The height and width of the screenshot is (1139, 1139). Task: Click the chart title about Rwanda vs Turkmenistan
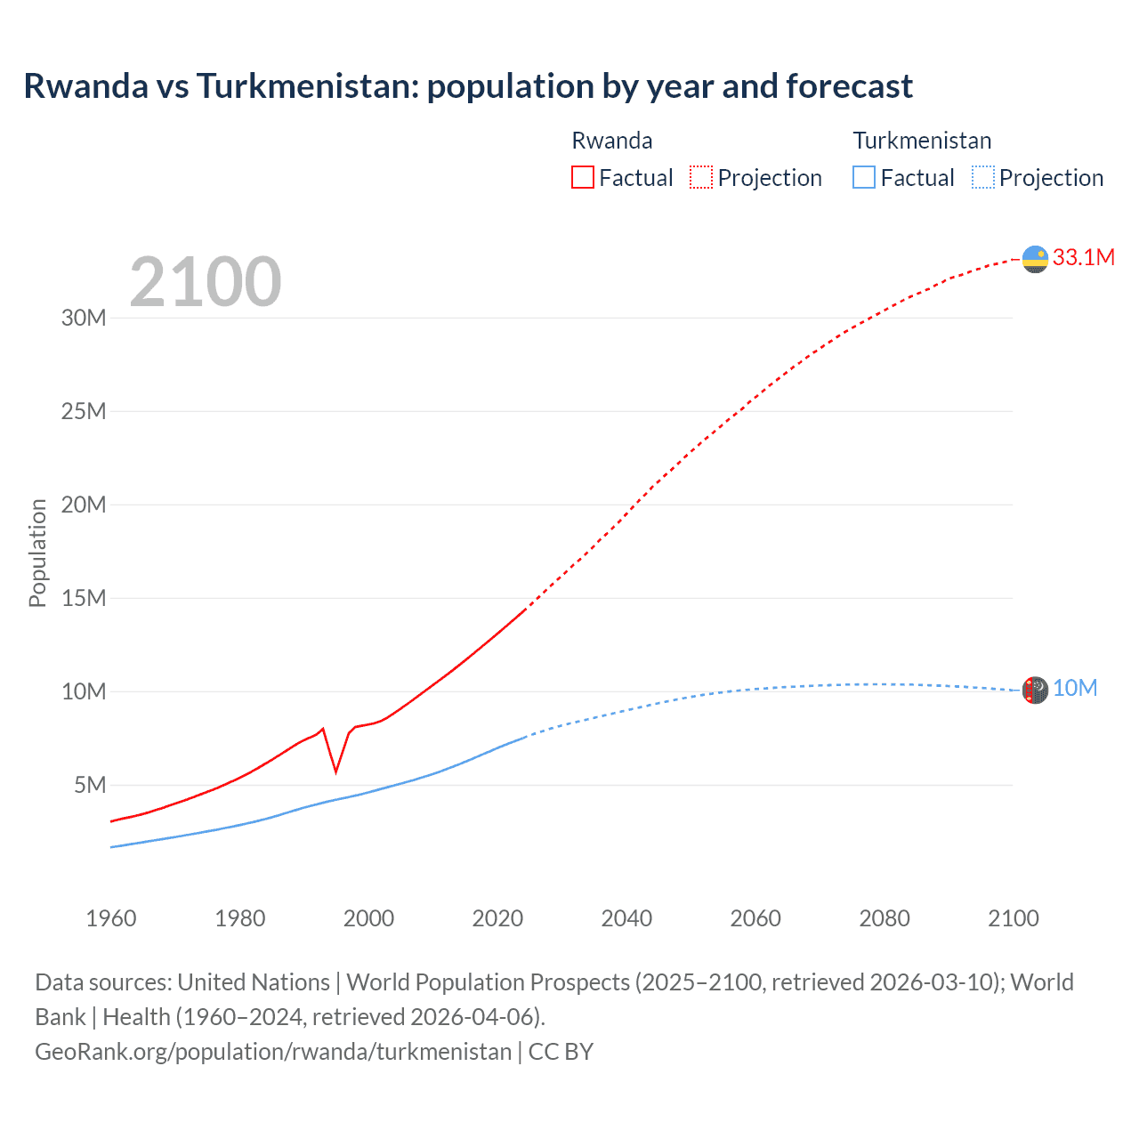[468, 86]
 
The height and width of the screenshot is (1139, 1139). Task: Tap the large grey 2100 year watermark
[206, 282]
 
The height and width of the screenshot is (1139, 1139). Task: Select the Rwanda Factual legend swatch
[582, 177]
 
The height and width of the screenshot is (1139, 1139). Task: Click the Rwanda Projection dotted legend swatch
[701, 177]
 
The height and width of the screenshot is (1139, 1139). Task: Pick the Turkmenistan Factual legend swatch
[863, 177]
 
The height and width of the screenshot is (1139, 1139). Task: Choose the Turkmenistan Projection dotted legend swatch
[982, 177]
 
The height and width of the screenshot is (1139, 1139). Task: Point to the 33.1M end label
[1083, 257]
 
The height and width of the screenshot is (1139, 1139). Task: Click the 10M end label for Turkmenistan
[1075, 689]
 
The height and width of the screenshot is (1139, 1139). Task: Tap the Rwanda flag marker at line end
[1035, 259]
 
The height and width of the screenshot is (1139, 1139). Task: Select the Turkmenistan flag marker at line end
[1035, 690]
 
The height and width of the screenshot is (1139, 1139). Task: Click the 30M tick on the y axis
[84, 318]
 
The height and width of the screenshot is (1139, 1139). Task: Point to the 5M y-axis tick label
[90, 785]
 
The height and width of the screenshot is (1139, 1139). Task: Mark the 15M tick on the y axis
[84, 598]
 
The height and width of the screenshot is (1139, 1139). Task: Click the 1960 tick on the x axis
[111, 918]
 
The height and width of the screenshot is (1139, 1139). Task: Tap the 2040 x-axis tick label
[626, 918]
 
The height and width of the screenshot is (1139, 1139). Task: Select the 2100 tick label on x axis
[1013, 918]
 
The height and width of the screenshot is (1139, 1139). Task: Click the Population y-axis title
[37, 553]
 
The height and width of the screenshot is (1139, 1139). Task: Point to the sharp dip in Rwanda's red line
[335, 770]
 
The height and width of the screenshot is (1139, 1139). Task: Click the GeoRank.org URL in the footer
[273, 1052]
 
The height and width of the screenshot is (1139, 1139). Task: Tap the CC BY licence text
[561, 1052]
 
